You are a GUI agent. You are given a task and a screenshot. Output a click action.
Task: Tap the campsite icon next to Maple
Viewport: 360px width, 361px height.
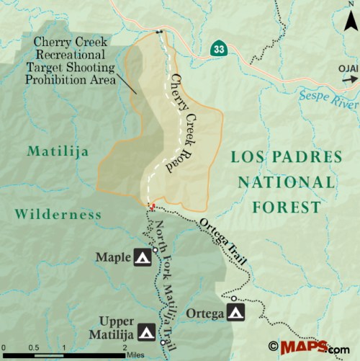pyautogui.click(x=142, y=257)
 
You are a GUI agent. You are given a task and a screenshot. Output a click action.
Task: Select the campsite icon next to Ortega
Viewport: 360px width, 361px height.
pyautogui.click(x=235, y=312)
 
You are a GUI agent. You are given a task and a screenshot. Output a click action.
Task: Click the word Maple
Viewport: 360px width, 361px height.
pyautogui.click(x=112, y=257)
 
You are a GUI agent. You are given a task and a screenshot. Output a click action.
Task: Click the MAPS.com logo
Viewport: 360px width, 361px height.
pyautogui.click(x=309, y=347)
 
